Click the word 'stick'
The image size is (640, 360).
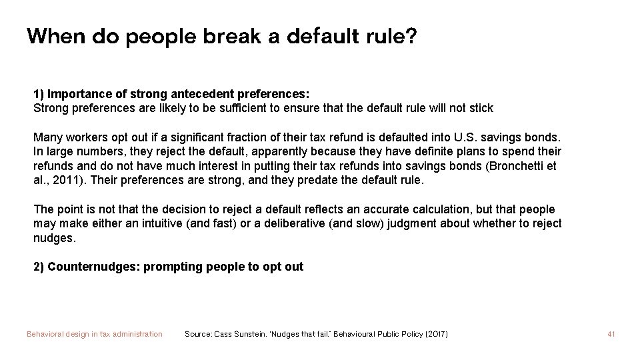tap(479, 108)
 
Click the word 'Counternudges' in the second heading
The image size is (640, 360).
tap(93, 267)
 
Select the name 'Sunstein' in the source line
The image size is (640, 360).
tap(257, 334)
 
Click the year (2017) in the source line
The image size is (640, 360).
tap(435, 334)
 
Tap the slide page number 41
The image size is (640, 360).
tap(611, 334)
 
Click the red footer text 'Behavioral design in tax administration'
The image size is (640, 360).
tap(94, 334)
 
